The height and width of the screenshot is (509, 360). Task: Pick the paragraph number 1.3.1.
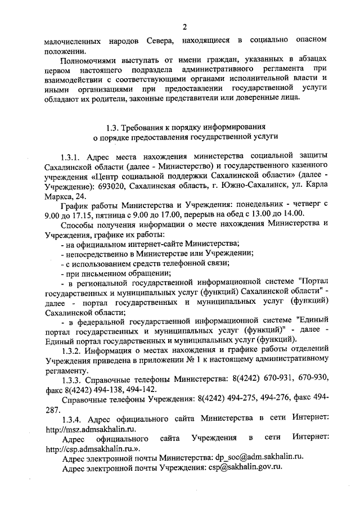pos(71,155)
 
